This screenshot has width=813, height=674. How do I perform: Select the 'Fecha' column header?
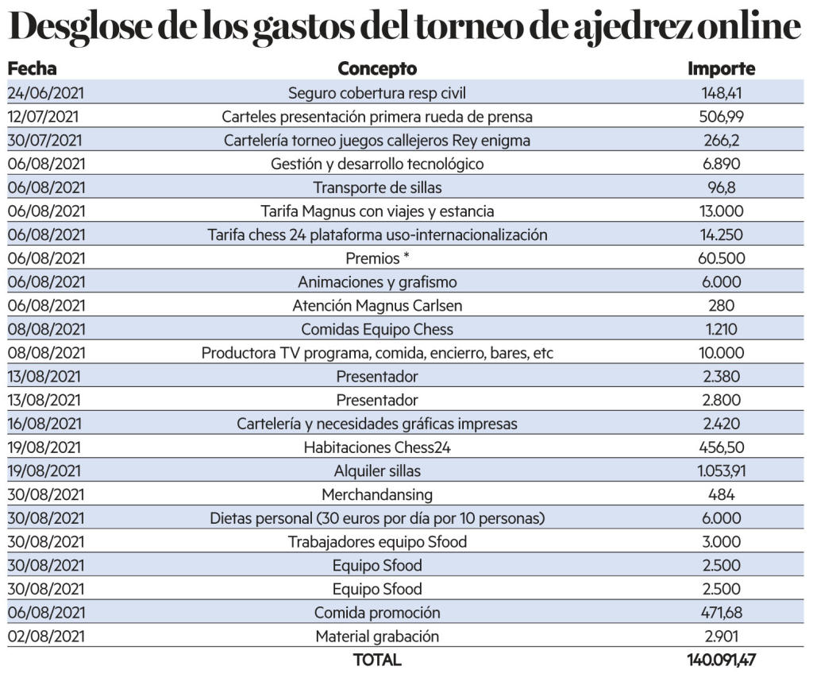pos(32,69)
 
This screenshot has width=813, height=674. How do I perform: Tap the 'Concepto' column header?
pos(377,69)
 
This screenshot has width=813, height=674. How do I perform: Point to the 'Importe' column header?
pos(721,69)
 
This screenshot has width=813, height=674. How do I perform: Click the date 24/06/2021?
pos(45,93)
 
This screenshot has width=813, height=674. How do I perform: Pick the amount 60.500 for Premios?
pos(721,258)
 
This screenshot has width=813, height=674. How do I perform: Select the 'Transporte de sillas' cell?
pos(377,188)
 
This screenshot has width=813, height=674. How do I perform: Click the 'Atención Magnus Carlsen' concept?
pos(377,305)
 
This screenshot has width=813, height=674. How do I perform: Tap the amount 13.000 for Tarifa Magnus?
pos(721,211)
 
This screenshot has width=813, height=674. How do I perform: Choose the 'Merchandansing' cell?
pos(377,494)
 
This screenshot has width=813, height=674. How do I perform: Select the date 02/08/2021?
pos(45,637)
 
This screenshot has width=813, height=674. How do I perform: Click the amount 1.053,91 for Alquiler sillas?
pos(721,471)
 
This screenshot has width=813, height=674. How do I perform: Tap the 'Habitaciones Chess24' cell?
pos(377,447)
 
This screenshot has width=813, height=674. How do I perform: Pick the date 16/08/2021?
pos(45,424)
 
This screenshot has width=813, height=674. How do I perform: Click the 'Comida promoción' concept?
pos(377,613)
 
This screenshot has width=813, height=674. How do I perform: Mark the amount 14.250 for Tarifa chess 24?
pos(721,234)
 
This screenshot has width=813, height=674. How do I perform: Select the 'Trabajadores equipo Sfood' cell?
pos(377,542)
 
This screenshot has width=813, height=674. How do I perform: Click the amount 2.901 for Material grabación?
pos(721,637)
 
